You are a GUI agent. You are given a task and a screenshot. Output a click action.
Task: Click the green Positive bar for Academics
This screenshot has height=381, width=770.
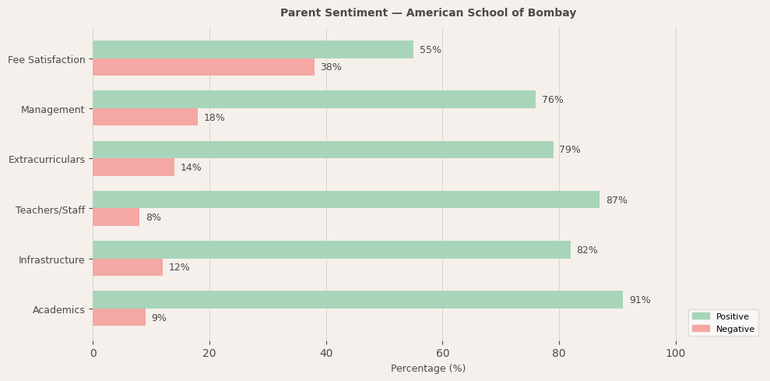[x=357, y=300]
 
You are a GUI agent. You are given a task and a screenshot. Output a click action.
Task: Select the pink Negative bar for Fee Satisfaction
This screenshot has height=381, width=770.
[x=203, y=68]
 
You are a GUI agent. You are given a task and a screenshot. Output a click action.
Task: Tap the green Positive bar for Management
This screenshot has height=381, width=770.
[x=314, y=100]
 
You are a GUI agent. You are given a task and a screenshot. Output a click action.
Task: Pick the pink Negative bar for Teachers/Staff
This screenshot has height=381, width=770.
[x=116, y=217]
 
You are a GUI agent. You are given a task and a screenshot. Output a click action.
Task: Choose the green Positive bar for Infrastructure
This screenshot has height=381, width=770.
[x=332, y=250]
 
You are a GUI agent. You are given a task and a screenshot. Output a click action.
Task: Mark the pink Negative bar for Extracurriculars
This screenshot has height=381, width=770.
[x=133, y=168]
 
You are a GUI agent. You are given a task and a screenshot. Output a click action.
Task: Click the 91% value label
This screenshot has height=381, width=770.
[x=639, y=300]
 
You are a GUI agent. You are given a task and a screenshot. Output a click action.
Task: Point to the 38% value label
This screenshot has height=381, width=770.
[x=331, y=68]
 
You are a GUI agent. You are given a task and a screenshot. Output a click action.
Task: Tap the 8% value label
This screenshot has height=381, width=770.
[x=153, y=218]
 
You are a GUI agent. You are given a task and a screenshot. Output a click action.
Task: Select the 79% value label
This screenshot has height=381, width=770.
[x=570, y=150]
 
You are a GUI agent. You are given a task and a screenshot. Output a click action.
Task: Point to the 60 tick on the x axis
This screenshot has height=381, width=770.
[x=442, y=354]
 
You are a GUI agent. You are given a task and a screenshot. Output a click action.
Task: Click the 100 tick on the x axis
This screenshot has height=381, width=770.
[x=675, y=354]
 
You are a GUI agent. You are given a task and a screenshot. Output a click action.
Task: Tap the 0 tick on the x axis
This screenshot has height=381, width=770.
[x=93, y=354]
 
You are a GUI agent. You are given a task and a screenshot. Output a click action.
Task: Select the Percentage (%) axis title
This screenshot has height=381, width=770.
[x=428, y=369]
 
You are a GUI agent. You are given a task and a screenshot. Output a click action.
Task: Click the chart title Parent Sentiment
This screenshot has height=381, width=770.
[x=428, y=13]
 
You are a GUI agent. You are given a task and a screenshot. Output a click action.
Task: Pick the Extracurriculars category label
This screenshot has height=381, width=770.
[x=47, y=160]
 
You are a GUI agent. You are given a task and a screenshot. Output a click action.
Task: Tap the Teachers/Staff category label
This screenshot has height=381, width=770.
[x=50, y=210]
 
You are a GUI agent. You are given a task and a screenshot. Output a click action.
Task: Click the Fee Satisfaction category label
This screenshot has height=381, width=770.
[x=47, y=60]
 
